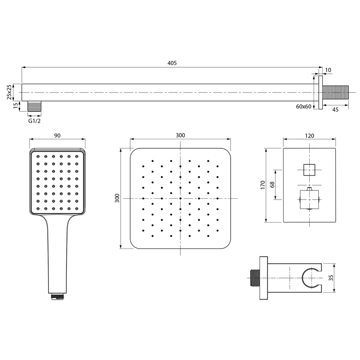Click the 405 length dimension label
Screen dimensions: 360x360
click(172, 63)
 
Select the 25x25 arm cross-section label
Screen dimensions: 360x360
click(9, 92)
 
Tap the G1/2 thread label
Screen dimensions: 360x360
click(34, 121)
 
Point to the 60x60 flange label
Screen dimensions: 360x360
click(304, 107)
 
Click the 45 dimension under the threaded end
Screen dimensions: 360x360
click(335, 110)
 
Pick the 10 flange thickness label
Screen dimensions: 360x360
click(328, 70)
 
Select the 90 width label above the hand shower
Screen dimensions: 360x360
click(57, 136)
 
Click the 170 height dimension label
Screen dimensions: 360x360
click(263, 185)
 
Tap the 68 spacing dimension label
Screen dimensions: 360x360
click(272, 185)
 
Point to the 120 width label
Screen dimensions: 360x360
click(309, 136)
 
